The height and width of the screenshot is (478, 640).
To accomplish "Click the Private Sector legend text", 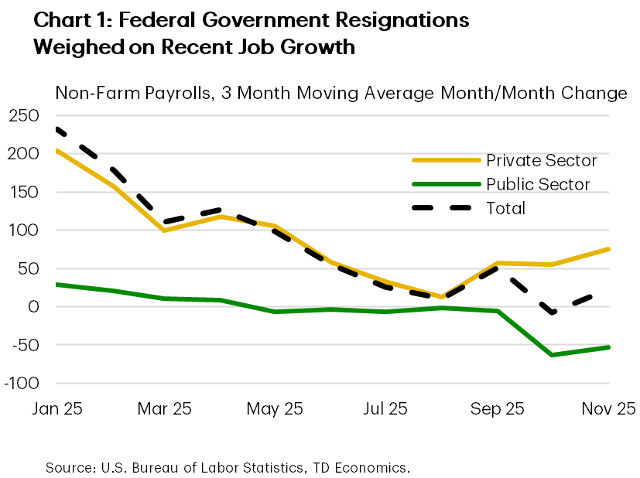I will (541, 161).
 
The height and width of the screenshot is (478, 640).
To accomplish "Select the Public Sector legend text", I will (538, 184).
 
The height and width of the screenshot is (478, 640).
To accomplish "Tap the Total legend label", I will (505, 208).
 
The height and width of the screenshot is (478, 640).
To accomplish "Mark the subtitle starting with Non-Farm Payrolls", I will (341, 94).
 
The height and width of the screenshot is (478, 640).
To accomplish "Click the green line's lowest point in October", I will (552, 355).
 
